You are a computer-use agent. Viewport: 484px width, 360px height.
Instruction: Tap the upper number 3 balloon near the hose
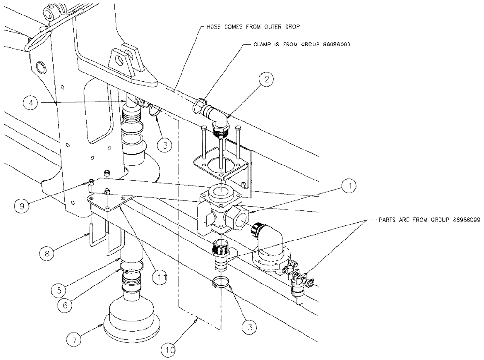tap(166, 145)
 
